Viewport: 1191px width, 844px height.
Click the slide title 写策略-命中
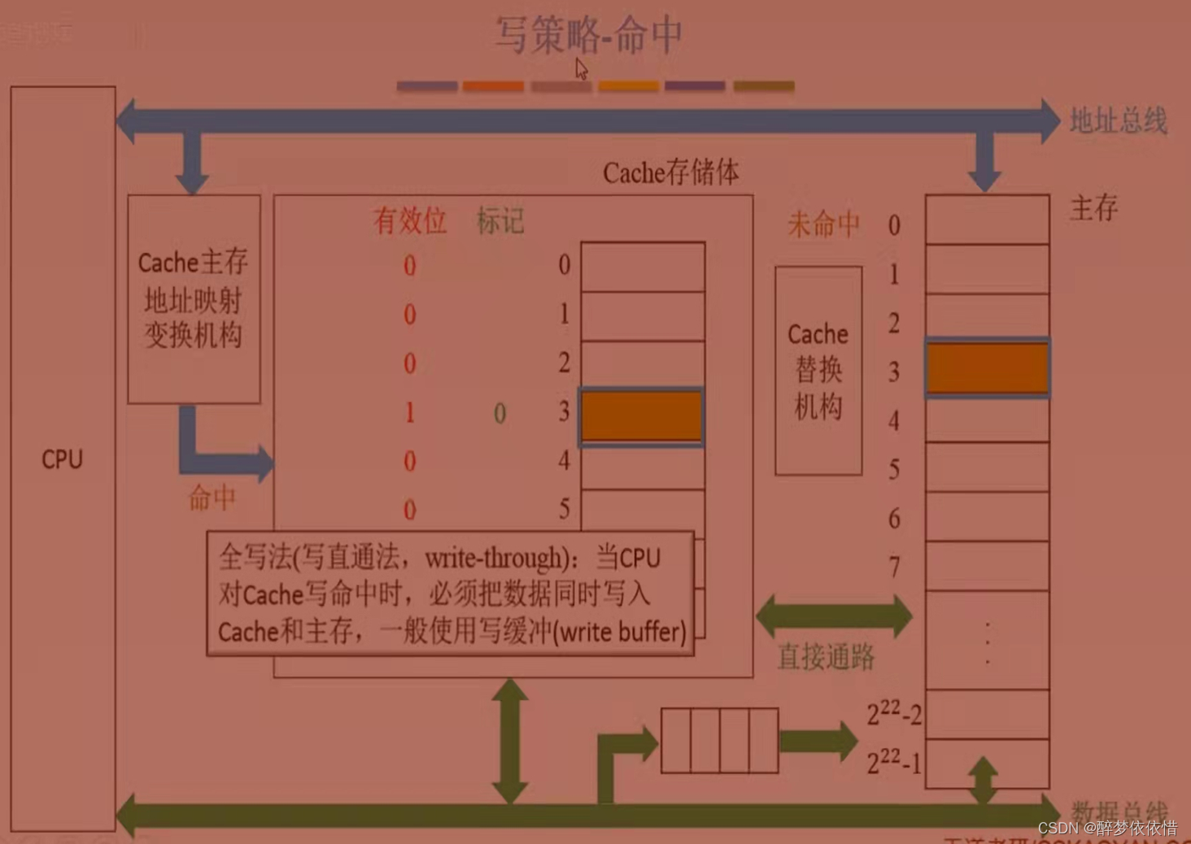(x=588, y=35)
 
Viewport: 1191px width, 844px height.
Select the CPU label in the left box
(x=63, y=459)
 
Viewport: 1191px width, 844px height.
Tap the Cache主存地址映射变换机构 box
(x=194, y=298)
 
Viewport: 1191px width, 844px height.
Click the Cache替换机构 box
(x=818, y=370)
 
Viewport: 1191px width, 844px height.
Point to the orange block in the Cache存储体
(x=641, y=416)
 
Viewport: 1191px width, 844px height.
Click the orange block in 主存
(x=987, y=368)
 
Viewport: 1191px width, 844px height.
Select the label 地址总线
(x=1118, y=121)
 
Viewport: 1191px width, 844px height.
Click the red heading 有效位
(x=409, y=220)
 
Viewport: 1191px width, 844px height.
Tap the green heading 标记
(x=500, y=220)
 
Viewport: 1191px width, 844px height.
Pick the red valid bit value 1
(x=409, y=413)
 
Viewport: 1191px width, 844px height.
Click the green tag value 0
(x=500, y=414)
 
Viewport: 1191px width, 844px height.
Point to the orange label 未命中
(x=822, y=224)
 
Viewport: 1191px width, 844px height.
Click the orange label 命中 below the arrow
(x=212, y=498)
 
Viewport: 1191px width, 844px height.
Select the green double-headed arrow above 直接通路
(x=834, y=616)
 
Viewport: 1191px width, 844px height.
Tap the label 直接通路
(x=826, y=656)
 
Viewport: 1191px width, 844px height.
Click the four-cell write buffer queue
(x=719, y=740)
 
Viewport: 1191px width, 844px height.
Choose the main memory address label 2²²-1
(x=893, y=763)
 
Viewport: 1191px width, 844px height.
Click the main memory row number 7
(x=894, y=566)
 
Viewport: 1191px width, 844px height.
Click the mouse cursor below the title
(x=581, y=68)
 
